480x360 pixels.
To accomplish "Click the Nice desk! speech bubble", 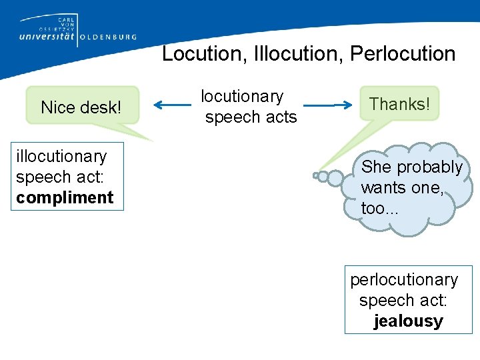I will click(x=81, y=107).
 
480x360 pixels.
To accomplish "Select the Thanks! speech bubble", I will click(x=399, y=104).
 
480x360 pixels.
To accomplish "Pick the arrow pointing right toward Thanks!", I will click(x=326, y=105).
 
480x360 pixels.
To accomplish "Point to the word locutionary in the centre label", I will click(x=242, y=97).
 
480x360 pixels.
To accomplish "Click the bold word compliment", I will click(x=65, y=198).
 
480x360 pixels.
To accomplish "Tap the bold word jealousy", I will click(x=408, y=321).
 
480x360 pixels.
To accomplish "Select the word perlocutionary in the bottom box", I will click(x=404, y=280).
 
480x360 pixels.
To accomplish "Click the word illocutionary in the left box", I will click(x=61, y=156).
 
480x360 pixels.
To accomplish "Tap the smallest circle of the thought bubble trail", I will click(x=315, y=176).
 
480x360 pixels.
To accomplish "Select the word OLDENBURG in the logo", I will click(x=109, y=37).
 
